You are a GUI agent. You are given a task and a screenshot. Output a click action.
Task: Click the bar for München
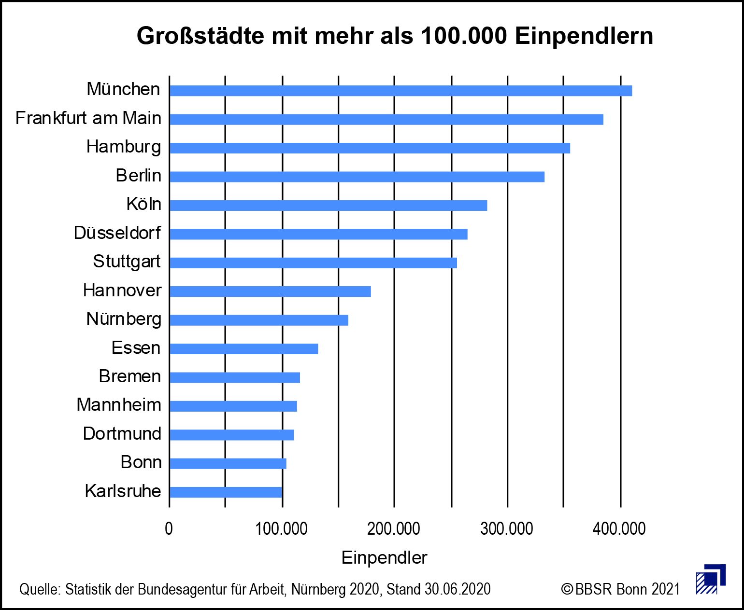click(x=401, y=91)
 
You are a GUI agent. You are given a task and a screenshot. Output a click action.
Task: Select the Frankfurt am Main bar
click(x=386, y=119)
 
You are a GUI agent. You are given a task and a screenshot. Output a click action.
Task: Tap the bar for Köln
click(x=328, y=206)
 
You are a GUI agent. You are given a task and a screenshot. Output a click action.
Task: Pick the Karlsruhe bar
click(x=226, y=492)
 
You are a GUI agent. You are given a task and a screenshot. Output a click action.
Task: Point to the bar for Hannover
click(x=270, y=291)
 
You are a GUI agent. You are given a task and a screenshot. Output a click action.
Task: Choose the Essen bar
click(x=243, y=349)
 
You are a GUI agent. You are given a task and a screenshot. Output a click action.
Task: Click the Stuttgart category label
click(x=127, y=262)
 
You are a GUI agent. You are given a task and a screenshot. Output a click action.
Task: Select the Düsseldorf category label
click(x=117, y=233)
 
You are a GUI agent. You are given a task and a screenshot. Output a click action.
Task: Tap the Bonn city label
click(x=141, y=462)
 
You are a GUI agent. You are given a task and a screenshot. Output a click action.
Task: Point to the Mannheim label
click(x=119, y=405)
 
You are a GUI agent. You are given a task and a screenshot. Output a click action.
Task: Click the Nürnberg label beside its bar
click(x=124, y=319)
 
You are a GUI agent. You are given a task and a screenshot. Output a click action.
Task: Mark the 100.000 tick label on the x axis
click(x=281, y=529)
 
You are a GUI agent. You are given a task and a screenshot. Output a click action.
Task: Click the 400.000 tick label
click(x=619, y=529)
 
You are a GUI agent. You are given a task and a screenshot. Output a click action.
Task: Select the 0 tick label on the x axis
click(x=169, y=529)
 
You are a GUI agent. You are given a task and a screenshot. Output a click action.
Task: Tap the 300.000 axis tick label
click(x=507, y=529)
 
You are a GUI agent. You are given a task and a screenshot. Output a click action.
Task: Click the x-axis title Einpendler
click(x=384, y=558)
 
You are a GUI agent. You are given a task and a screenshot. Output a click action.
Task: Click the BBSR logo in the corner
click(x=711, y=579)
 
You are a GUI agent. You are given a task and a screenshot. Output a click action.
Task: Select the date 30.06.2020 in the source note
click(x=458, y=589)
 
